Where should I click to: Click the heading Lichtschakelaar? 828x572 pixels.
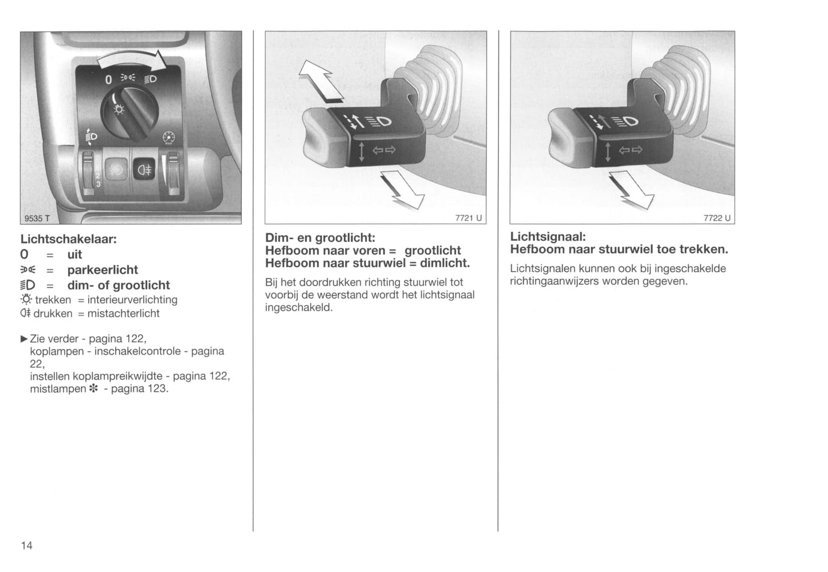pos(68,239)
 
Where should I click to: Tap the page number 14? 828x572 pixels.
pos(26,546)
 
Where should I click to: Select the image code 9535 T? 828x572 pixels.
pos(37,218)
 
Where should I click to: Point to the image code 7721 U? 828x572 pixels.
pos(468,218)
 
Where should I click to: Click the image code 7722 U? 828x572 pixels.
pos(717,218)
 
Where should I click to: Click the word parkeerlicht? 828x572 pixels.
pos(103,270)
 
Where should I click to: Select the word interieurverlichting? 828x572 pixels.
pos(132,300)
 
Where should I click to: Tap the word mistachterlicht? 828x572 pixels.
pos(123,314)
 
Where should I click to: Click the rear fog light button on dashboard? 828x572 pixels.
pos(144,169)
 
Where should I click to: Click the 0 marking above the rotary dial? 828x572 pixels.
pos(108,80)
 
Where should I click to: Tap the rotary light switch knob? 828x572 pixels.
pos(130,112)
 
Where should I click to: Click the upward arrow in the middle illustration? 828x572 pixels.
pos(321,81)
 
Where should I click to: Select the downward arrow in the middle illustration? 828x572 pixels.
pos(403,190)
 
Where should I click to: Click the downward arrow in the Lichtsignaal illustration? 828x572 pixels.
pos(631,190)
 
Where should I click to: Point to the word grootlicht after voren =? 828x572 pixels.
pos(433,250)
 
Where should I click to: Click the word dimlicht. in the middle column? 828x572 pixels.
pos(445,263)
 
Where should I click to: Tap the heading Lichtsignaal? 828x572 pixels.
pos(548,237)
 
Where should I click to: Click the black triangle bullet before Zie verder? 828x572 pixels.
pos(25,339)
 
